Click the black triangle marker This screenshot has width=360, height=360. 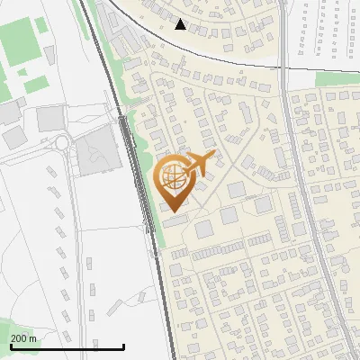click(181, 24)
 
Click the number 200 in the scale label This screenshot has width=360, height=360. click(19, 338)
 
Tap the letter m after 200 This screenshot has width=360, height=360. click(33, 338)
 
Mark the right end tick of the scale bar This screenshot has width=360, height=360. click(123, 346)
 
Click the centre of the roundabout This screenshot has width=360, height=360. click(62, 142)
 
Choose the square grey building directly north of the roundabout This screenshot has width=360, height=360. click(50, 117)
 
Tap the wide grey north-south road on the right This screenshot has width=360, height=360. click(301, 180)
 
